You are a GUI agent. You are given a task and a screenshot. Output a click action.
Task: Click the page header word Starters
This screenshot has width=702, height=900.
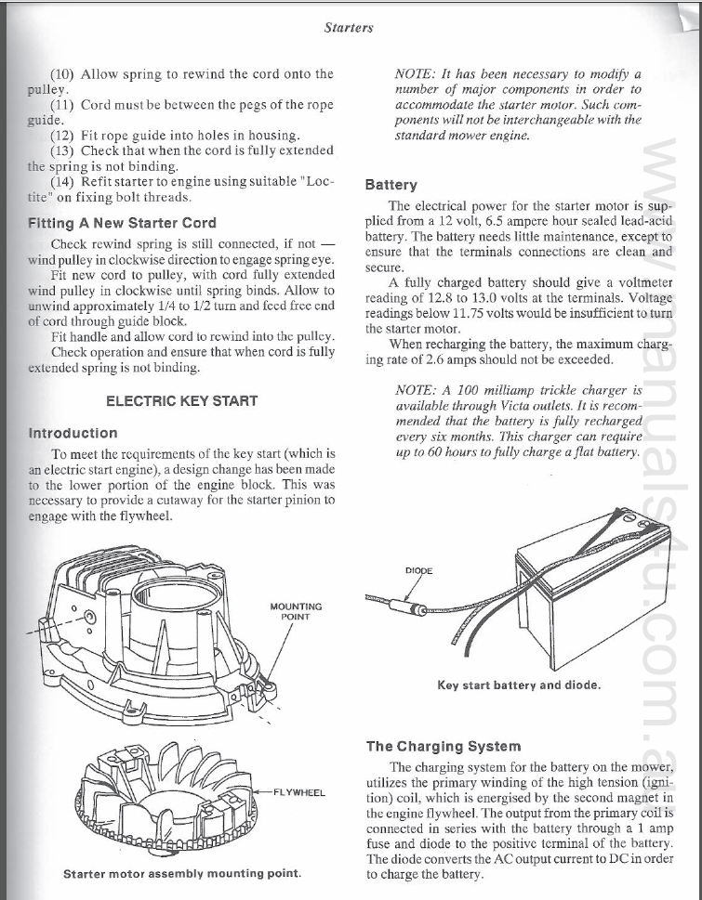349,28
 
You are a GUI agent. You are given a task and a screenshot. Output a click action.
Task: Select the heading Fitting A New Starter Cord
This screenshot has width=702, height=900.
122,223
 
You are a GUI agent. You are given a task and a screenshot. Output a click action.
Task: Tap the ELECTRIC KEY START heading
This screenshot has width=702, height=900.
181,401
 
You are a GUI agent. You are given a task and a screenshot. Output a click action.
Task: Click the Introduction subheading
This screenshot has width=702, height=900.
73,433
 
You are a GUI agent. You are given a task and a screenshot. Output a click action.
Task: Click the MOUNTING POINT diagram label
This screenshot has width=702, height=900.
296,612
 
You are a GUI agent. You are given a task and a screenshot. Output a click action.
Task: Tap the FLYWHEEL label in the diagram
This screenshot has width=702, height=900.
299,792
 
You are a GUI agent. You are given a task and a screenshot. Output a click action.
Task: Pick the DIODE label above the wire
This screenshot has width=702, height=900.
420,569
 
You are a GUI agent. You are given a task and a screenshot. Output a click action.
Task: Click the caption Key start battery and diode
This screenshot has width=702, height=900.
519,685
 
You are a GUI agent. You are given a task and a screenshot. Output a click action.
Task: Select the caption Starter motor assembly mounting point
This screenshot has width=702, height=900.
182,874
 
